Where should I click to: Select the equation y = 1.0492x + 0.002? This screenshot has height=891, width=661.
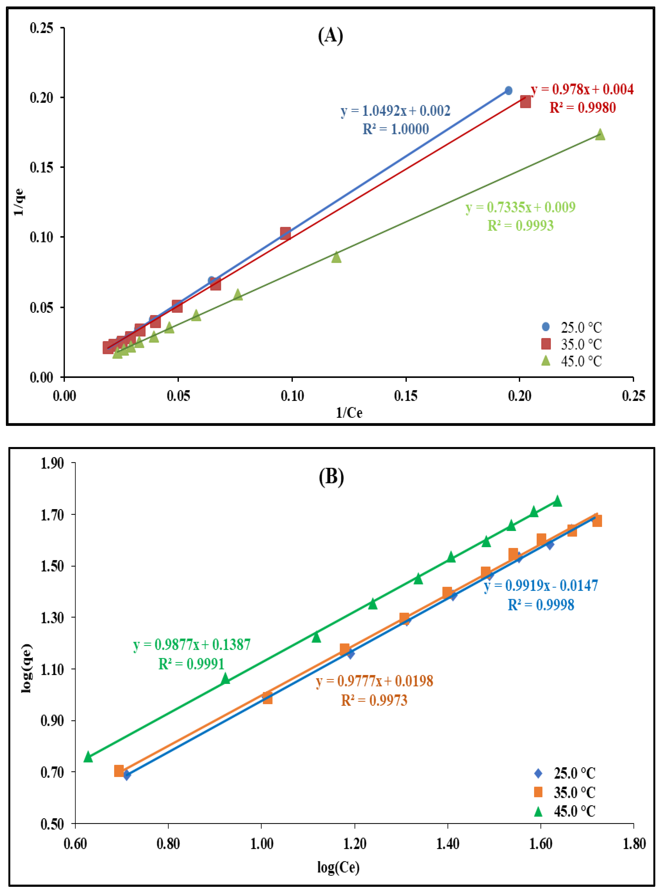point(395,111)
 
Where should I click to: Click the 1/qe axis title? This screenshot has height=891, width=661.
point(19,202)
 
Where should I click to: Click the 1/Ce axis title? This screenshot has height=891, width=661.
point(349,412)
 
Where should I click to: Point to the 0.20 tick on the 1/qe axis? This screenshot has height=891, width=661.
point(41,98)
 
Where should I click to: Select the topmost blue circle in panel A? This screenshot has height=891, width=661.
point(508,90)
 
